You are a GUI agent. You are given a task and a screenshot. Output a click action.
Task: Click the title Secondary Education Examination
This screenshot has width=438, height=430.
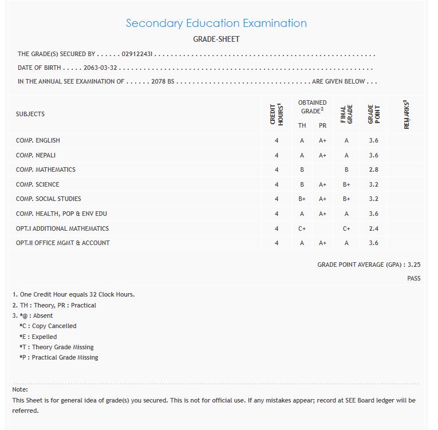point(216,23)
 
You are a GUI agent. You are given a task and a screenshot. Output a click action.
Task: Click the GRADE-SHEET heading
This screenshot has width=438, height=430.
point(216,39)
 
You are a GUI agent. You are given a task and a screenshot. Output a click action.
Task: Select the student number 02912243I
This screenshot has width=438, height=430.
point(137,54)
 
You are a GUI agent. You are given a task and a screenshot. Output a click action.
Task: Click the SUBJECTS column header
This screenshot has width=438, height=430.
point(30,114)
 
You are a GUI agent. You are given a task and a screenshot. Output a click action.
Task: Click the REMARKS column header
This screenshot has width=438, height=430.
point(407,114)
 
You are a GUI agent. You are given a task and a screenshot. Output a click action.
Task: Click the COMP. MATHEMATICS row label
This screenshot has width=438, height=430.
point(46,169)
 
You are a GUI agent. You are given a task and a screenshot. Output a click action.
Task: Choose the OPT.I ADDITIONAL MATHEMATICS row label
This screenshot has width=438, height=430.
point(62,228)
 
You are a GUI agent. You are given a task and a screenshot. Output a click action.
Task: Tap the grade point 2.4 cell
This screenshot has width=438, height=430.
point(374,228)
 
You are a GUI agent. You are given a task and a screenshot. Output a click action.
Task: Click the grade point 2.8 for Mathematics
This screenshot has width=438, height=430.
point(374,169)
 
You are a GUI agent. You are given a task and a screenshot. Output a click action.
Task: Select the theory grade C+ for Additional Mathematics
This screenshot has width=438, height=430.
point(302,228)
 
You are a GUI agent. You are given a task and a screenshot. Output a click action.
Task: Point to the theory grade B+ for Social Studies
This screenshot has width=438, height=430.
point(302,199)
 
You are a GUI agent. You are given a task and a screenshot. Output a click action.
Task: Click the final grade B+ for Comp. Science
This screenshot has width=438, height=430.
point(346,184)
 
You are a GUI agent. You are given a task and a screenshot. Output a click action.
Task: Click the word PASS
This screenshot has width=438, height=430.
point(413,278)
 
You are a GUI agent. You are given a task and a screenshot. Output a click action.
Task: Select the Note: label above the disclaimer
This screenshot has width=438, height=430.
point(20,389)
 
